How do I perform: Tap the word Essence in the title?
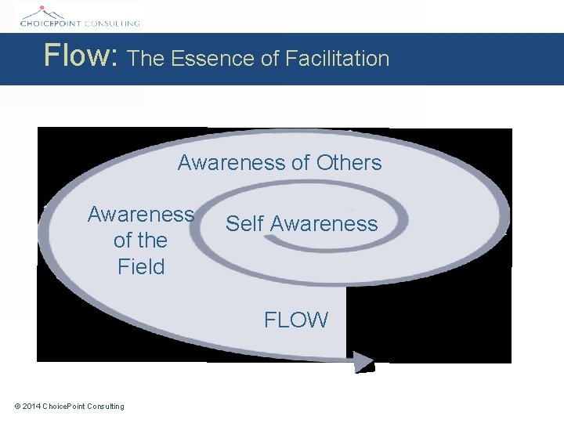tap(204, 58)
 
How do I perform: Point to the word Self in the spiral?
tap(244, 223)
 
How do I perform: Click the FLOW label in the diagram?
tap(296, 320)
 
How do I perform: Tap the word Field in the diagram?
tap(141, 267)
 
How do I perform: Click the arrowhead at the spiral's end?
tap(363, 361)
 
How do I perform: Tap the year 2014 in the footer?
tap(32, 406)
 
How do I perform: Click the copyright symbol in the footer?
tap(18, 406)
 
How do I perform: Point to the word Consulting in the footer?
tap(105, 406)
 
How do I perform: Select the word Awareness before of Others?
tap(232, 163)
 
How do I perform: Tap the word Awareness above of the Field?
tap(141, 214)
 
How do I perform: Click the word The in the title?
tap(146, 58)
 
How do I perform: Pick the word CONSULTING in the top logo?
tap(114, 23)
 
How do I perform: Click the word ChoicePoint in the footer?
tap(64, 406)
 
